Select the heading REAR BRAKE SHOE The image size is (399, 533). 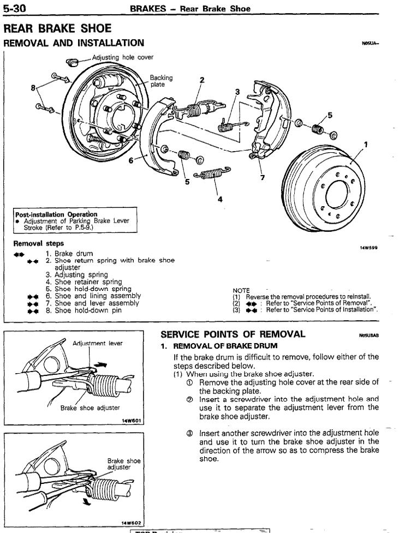57,27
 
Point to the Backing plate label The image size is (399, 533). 158,81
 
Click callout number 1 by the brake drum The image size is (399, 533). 366,144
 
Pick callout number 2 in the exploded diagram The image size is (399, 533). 201,80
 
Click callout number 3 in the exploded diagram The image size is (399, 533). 237,92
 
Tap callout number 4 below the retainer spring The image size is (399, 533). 220,199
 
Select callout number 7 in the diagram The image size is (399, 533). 263,177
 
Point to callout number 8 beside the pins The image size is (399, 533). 34,87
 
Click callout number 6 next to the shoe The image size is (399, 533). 131,160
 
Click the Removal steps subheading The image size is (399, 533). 38,243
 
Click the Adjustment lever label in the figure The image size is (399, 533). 98,343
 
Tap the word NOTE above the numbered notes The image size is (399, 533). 241,290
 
